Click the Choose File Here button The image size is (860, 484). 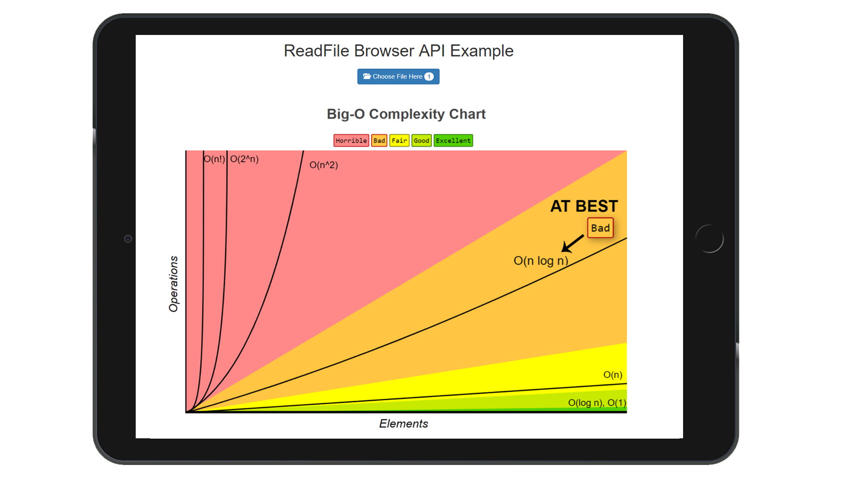tap(398, 77)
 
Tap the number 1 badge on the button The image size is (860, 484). tap(429, 77)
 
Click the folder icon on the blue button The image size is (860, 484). tap(367, 76)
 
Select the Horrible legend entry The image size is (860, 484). tap(351, 141)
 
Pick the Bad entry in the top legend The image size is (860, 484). tap(379, 141)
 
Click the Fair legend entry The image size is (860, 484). tap(399, 141)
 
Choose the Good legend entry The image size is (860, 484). tap(421, 141)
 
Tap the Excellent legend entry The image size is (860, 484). tap(453, 141)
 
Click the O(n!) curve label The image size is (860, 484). tap(214, 159)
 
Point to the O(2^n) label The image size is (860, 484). tap(244, 159)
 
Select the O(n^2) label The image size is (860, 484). tap(323, 165)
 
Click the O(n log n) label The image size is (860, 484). tap(541, 261)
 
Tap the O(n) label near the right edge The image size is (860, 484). tap(612, 375)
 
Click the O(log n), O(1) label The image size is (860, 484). tap(597, 403)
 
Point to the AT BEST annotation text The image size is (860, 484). tap(584, 206)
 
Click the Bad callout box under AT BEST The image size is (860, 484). tap(600, 228)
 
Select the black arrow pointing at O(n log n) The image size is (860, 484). tap(572, 244)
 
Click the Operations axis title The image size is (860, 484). tap(173, 284)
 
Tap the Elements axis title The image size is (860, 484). tap(404, 423)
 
